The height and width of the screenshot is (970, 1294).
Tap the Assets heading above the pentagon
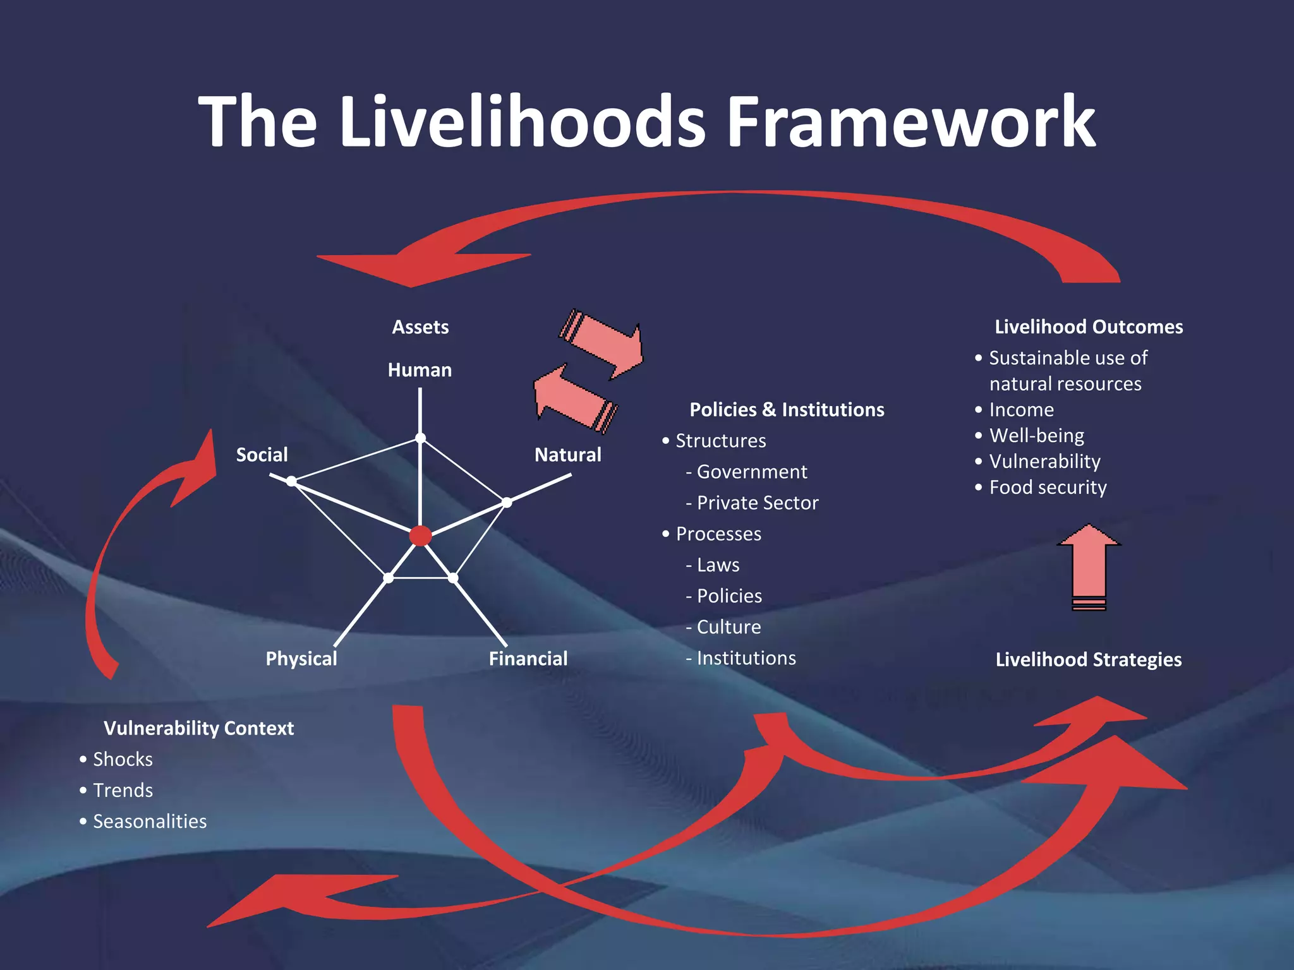(420, 327)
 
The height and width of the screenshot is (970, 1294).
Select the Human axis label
(420, 370)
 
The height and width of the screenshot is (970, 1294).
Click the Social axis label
(262, 455)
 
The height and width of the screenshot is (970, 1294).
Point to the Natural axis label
(567, 455)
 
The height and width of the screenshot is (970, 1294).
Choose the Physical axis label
(301, 659)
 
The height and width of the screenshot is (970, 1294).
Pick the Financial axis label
(528, 659)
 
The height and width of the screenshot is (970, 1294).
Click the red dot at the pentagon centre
(420, 536)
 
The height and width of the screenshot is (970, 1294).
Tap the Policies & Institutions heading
(787, 410)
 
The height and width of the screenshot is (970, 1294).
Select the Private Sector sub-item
(757, 503)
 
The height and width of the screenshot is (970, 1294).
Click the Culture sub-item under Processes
(728, 627)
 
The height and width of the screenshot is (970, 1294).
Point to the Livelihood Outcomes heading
(1089, 327)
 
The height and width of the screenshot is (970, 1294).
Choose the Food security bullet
(1048, 488)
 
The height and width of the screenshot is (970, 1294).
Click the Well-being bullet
(1036, 436)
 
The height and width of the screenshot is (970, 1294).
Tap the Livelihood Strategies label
(1088, 660)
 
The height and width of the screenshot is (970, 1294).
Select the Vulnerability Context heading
(198, 728)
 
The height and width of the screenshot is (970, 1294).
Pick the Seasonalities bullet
(150, 822)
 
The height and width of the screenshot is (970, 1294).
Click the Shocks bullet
(123, 759)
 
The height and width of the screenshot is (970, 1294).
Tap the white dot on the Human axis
(420, 438)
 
